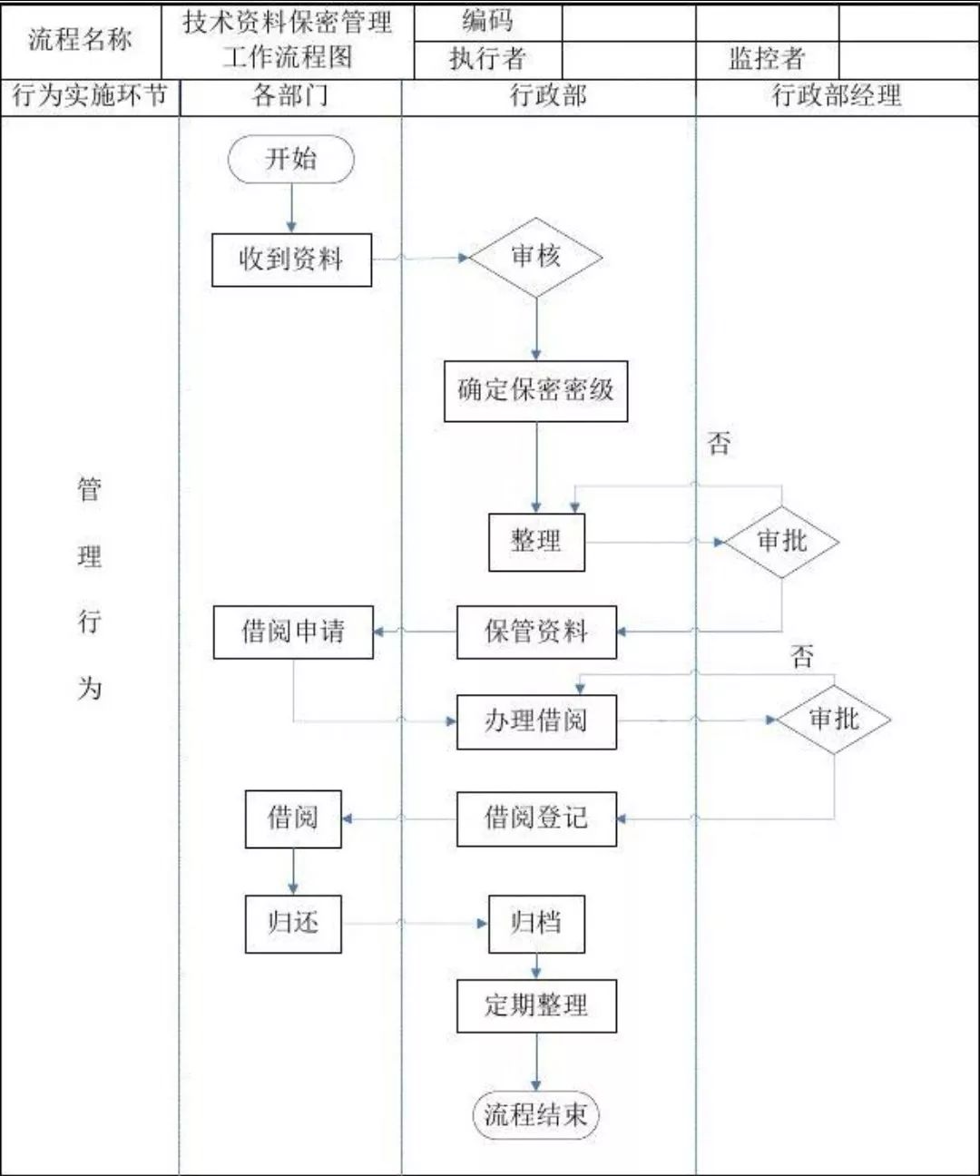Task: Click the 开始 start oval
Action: pos(291,161)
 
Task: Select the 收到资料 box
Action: pos(291,260)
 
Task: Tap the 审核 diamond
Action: pos(536,258)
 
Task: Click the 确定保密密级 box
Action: pos(535,391)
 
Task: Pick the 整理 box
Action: pos(536,542)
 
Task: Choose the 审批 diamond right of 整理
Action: pos(781,542)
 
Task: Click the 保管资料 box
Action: pos(536,632)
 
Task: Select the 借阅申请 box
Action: pos(293,632)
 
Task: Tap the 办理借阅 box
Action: pos(536,721)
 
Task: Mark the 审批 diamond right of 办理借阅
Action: pos(833,720)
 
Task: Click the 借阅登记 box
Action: pos(536,818)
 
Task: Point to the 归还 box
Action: pos(293,924)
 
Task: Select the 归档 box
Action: pos(536,924)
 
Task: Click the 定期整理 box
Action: pos(536,1005)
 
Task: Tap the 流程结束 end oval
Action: pos(536,1115)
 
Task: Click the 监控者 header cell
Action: pos(767,59)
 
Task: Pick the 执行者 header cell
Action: pos(487,59)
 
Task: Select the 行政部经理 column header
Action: pos(837,96)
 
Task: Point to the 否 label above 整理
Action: pos(719,444)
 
